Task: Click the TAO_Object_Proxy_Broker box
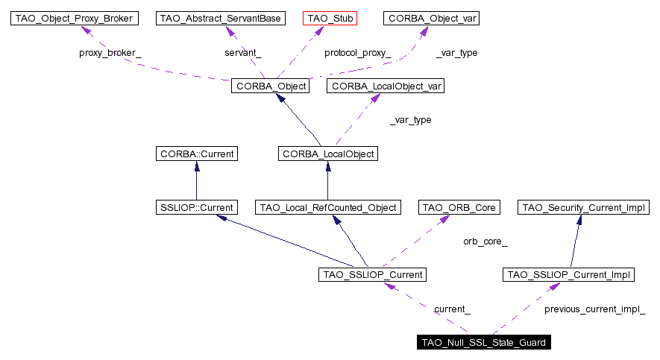coord(75,18)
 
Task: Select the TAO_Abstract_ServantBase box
coord(221,18)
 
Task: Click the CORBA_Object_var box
coord(431,18)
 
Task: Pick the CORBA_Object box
coord(270,86)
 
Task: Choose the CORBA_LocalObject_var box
coord(387,86)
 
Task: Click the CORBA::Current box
coord(196,154)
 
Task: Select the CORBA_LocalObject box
coord(327,154)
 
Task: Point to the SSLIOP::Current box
coord(196,206)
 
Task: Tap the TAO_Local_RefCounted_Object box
coord(329,206)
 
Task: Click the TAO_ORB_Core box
coord(459,206)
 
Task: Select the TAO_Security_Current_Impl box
coord(583,206)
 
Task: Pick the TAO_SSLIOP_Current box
coord(372,275)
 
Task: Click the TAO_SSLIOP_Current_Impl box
coord(569,275)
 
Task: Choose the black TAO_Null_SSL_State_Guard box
coord(484,343)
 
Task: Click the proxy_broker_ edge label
coord(110,53)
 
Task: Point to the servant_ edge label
coord(243,53)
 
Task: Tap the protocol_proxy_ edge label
coord(357,53)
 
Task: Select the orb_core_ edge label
coord(485,241)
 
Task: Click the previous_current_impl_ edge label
coord(594,309)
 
